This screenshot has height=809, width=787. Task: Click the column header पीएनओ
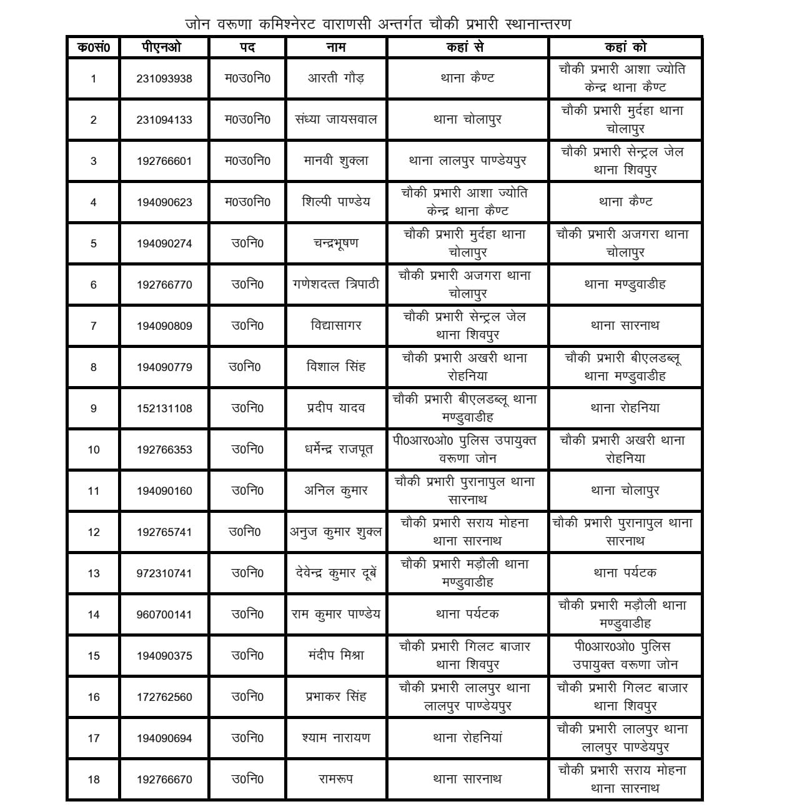164,47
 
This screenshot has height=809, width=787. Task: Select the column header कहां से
467,47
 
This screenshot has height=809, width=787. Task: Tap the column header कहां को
625,47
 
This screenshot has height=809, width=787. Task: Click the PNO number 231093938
164,79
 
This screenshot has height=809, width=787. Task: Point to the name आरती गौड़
336,78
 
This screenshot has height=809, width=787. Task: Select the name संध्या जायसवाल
336,119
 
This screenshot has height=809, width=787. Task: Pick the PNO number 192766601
164,161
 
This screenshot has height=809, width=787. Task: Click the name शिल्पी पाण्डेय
336,202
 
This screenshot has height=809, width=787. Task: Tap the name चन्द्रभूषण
336,243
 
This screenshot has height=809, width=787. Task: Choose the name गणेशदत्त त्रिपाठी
336,284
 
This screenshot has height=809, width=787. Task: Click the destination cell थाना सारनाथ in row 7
625,325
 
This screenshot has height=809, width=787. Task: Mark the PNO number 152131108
164,409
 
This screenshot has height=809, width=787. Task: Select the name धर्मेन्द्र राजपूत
336,450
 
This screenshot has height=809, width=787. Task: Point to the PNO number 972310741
164,573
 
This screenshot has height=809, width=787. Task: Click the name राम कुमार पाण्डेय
336,614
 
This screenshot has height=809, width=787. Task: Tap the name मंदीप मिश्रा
336,655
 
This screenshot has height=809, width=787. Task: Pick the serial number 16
94,697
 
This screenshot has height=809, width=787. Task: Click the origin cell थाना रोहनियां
467,738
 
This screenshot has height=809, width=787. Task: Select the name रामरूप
336,779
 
